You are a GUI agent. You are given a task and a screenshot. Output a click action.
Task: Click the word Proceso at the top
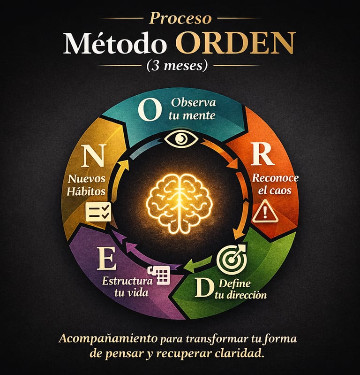coord(180,18)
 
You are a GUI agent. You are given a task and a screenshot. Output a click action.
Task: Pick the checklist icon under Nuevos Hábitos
coord(98,212)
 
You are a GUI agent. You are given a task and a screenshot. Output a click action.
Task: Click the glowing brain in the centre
coord(180,202)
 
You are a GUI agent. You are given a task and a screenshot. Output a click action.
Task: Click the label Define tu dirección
coord(241,289)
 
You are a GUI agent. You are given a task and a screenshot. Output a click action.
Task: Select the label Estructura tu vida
coord(127,287)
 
